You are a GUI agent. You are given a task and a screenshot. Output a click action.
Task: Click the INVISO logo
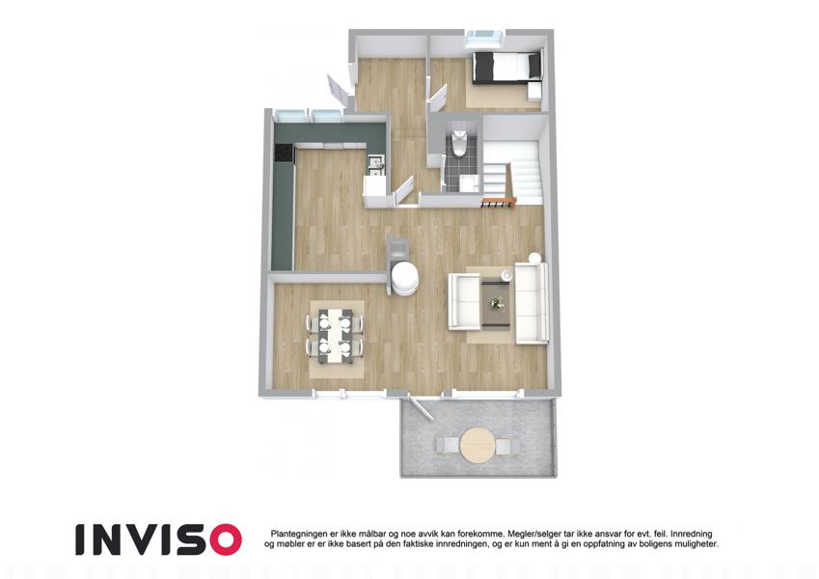coord(158,539)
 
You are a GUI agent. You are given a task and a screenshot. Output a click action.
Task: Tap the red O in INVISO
coord(226,539)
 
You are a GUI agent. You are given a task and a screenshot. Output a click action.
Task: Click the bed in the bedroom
coord(505,68)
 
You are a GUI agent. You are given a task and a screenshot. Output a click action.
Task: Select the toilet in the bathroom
coord(459,143)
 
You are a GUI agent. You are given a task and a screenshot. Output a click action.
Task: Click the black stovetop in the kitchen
coord(285,152)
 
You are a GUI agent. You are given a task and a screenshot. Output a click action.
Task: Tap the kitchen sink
coord(375,165)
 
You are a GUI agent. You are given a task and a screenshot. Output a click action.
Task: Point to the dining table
coord(335,336)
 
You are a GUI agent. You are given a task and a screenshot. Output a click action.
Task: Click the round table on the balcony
coord(478,445)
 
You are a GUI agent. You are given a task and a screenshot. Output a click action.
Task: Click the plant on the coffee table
coord(495,303)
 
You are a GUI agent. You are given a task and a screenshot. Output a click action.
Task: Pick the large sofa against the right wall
coord(531,303)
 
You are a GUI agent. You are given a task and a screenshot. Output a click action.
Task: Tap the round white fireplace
coord(404,279)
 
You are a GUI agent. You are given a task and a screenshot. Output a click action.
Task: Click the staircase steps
coord(513,170)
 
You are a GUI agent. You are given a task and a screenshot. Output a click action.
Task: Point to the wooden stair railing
coord(499,201)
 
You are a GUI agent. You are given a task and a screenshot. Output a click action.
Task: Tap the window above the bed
coord(484,36)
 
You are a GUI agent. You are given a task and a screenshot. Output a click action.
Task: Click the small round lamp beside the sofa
coord(534,259)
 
